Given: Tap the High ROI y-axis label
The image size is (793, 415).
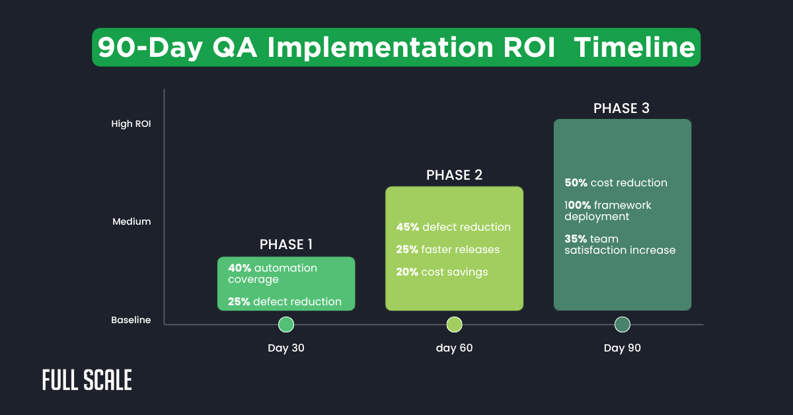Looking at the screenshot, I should pos(131,123).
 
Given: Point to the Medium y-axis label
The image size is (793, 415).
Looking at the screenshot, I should pos(132,221).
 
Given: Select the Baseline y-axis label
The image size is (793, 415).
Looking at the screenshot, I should pos(131,320).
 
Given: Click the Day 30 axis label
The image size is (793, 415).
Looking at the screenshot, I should pos(286,348).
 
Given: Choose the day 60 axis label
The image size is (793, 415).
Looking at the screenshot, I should pos(454,348).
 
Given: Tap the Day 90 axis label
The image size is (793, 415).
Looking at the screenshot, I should pos(623,348).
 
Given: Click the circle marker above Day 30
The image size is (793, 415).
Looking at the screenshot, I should pos(286,324).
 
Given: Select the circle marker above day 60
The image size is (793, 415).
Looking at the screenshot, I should pos(454,324).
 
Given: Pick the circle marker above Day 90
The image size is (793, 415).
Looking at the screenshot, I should pos(623,324).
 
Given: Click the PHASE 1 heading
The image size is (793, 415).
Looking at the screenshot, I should pos(286,245).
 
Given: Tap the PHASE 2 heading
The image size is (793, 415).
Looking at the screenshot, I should pos(454,174).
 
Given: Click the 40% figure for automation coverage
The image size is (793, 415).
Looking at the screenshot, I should pos(239,268).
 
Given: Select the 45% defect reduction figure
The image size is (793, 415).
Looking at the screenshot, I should pos(407,227).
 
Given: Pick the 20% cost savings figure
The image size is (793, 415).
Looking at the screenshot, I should pos(407,272).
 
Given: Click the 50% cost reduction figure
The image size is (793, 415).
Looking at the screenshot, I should pos(575,183).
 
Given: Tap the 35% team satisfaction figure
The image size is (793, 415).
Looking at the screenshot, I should pos(575,239).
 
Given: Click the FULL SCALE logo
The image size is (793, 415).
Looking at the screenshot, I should pos(87,380).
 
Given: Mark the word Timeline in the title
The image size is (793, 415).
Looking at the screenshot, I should pos(634,48).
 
